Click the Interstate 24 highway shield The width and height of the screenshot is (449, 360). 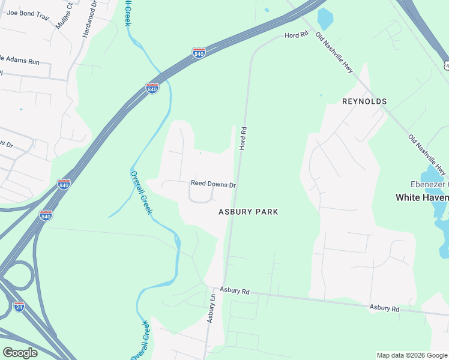pyautogui.click(x=19, y=307)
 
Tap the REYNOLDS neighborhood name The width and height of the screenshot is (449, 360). pyautogui.click(x=364, y=101)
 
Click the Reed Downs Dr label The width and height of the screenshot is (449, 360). pyautogui.click(x=213, y=184)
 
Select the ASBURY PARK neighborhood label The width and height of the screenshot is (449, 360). pyautogui.click(x=248, y=212)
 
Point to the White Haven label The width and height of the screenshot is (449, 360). pyautogui.click(x=421, y=197)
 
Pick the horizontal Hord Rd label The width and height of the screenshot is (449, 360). pyautogui.click(x=296, y=35)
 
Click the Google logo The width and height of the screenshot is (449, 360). pyautogui.click(x=20, y=353)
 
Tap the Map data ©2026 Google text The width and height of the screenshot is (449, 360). pyautogui.click(x=411, y=355)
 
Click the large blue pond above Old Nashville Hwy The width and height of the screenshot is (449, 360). pyautogui.click(x=324, y=19)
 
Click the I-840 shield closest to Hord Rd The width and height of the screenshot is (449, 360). pyautogui.click(x=199, y=53)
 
